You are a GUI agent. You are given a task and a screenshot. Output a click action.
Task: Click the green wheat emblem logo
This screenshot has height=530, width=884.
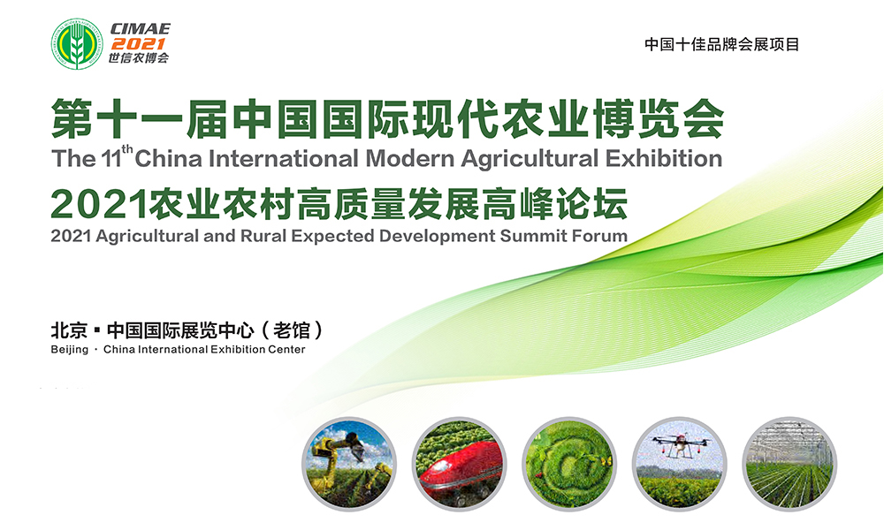pos(77,44)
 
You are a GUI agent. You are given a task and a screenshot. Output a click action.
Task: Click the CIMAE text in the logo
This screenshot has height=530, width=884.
pos(141,29)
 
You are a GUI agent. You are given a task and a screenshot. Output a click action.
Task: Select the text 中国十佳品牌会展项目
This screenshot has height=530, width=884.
pos(721,44)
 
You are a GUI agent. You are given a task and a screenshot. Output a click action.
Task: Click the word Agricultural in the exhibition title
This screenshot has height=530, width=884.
pos(530,159)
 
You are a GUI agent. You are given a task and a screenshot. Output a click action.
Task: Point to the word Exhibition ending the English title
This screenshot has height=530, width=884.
pos(664,158)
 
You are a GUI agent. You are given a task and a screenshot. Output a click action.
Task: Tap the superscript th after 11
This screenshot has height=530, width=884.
pos(126,149)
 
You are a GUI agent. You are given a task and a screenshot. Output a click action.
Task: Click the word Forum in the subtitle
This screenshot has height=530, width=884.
pos(599,235)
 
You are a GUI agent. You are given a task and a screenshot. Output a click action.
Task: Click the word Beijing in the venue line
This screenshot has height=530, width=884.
pos(69,350)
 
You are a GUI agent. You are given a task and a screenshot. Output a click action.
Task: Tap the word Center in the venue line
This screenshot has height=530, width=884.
pos(286,349)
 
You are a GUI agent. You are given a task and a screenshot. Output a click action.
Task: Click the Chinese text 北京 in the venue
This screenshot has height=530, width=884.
pos(69,330)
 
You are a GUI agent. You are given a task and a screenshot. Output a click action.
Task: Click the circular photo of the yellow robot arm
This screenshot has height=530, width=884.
pos(349,464)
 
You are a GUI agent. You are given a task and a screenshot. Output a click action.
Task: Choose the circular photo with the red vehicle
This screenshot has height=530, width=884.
pos(459,464)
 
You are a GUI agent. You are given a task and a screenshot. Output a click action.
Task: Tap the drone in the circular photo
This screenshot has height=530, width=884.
pos(680,443)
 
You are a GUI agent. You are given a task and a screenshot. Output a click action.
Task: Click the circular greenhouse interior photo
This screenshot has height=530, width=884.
pos(789,464)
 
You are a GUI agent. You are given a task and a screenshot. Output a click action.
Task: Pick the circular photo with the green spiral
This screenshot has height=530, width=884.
pos(569,464)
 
